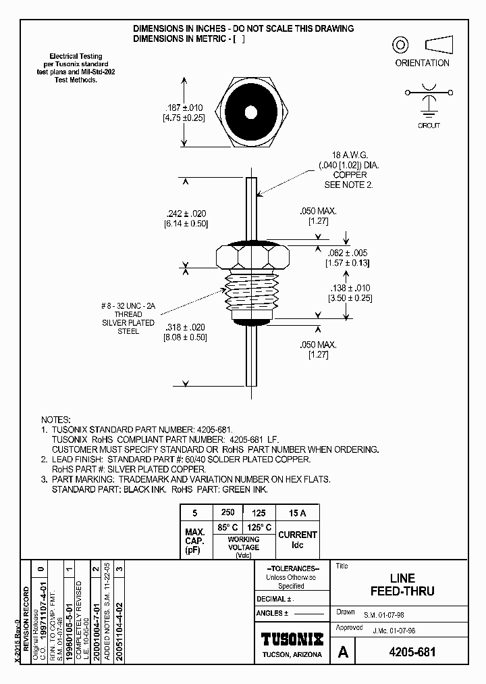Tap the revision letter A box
[x=343, y=652]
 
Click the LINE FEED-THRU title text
[x=402, y=585]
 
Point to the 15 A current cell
[x=298, y=513]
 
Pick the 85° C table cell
[x=227, y=527]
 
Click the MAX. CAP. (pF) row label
[x=195, y=541]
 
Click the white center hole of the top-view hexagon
[x=251, y=112]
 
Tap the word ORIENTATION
[x=422, y=63]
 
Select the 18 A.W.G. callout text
[x=348, y=155]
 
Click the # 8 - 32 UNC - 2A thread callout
[x=128, y=306]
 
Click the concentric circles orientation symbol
[x=401, y=45]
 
